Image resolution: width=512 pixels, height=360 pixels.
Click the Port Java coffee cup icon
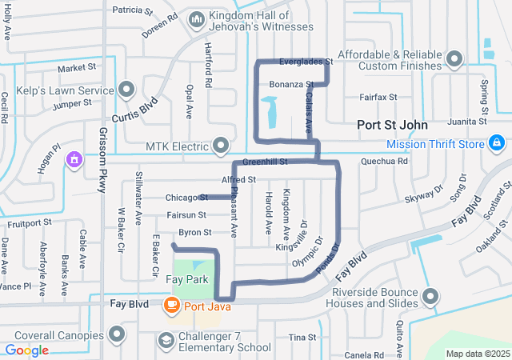[171, 305]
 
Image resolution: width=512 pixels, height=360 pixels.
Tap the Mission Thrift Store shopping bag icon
[497, 143]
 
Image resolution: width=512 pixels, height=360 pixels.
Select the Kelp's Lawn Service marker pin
[126, 89]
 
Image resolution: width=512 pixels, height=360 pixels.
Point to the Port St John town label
[392, 126]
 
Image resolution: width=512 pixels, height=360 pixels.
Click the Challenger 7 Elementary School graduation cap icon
[166, 342]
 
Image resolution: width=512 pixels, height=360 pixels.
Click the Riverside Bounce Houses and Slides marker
[430, 297]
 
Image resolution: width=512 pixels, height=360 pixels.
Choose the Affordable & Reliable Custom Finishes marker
[454, 59]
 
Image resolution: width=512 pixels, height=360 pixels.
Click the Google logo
[27, 350]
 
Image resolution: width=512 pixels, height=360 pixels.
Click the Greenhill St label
[265, 162]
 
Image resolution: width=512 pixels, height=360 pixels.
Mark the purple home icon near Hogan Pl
[74, 158]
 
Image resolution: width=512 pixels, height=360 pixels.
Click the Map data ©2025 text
[477, 354]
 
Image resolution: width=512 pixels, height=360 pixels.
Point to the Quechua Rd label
[385, 161]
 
